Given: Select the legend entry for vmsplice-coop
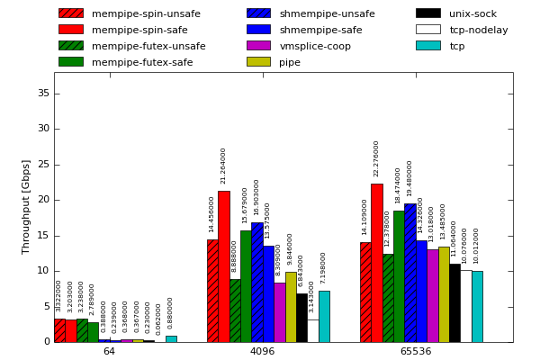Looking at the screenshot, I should point(315,46).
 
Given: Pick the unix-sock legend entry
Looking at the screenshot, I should point(472,13).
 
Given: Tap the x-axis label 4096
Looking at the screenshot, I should point(262,351).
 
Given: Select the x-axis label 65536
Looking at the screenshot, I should point(416,351).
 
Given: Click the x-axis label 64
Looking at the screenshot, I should point(109,351).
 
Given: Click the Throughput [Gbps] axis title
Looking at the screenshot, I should point(27,207).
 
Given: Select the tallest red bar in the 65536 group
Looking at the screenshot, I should point(376,263).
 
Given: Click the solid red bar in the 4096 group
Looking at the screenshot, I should point(223,266).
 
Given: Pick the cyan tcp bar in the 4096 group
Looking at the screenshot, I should point(324,317).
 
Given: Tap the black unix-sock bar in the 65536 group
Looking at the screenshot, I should point(454,302).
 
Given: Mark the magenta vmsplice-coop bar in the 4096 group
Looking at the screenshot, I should point(279,312).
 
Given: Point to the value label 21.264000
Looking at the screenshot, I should point(223,166).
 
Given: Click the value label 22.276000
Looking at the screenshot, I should point(376,158).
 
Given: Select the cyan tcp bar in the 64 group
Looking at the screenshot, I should point(171,339).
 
